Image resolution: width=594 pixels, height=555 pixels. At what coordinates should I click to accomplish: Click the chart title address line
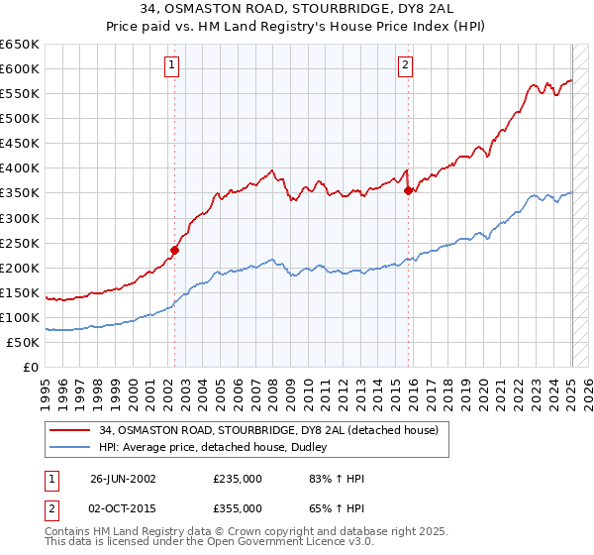point(296,10)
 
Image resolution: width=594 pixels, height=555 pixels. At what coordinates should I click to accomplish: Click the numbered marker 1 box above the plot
point(172,66)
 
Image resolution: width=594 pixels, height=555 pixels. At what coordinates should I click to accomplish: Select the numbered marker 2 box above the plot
point(406,66)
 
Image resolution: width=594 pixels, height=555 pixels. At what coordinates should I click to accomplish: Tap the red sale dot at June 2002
point(175,250)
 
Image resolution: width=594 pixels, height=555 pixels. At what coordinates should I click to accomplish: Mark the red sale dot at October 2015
point(408,191)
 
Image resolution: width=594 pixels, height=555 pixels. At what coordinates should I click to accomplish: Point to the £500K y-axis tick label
point(20,119)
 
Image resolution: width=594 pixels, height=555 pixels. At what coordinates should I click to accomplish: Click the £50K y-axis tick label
point(23,343)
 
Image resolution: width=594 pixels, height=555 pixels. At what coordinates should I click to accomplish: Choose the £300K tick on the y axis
point(20,218)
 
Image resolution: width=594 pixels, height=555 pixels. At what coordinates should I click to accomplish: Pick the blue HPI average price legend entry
point(218,448)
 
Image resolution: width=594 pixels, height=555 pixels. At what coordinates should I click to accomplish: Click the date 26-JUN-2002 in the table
point(123,479)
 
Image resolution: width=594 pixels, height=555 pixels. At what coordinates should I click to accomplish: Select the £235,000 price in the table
point(238,479)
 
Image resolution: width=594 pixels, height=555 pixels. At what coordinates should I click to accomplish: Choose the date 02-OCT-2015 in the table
point(123,508)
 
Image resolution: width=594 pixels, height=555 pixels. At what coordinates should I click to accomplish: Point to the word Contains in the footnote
point(67,533)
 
